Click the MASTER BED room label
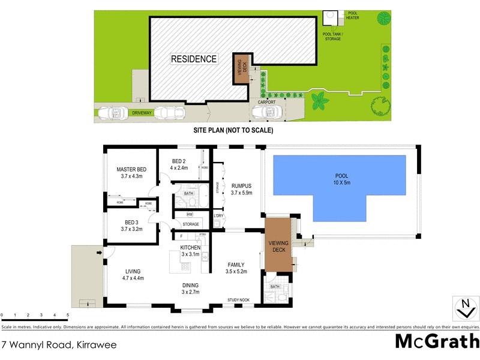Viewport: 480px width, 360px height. click(x=131, y=169)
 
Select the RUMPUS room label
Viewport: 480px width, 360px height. click(x=242, y=185)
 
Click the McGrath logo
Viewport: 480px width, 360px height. click(x=437, y=341)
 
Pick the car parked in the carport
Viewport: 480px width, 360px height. click(x=267, y=112)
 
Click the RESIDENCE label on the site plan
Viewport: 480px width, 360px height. click(x=194, y=59)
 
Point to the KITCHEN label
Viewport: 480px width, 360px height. click(x=190, y=247)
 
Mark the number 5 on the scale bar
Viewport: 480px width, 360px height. click(x=68, y=315)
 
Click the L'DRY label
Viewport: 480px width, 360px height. click(x=219, y=216)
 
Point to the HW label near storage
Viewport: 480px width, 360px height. click(x=190, y=214)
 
